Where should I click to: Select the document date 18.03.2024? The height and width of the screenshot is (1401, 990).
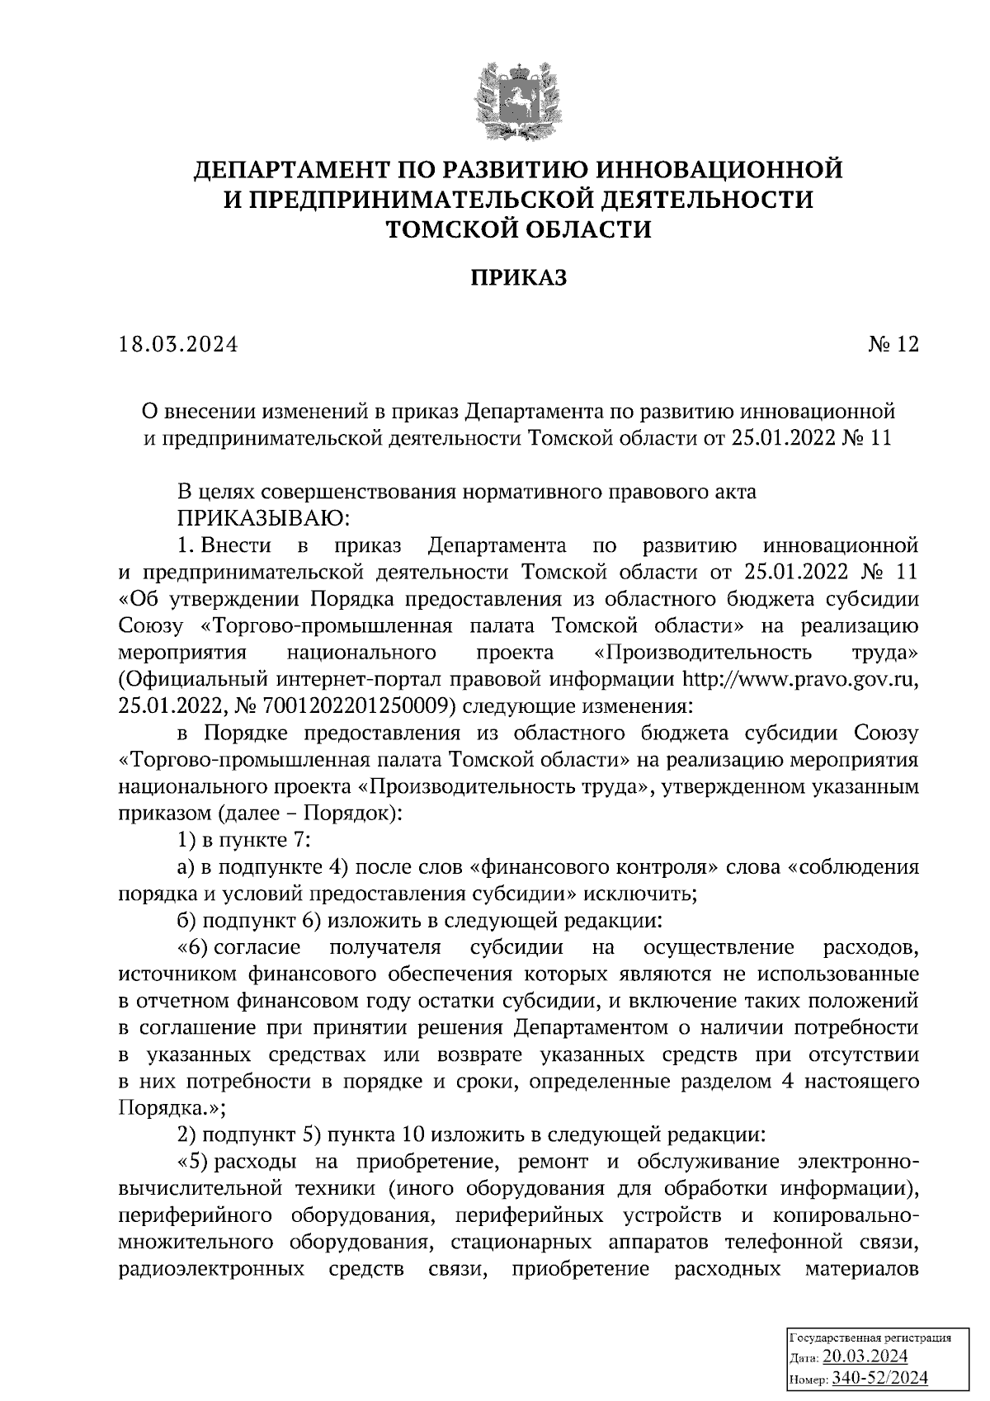[x=177, y=344]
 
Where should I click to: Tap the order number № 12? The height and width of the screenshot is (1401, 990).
[x=892, y=344]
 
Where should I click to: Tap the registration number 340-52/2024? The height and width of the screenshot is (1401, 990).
[x=880, y=1377]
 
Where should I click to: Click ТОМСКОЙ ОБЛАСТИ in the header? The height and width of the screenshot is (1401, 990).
[x=519, y=229]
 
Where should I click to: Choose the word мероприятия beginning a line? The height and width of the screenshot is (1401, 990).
[x=182, y=653]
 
